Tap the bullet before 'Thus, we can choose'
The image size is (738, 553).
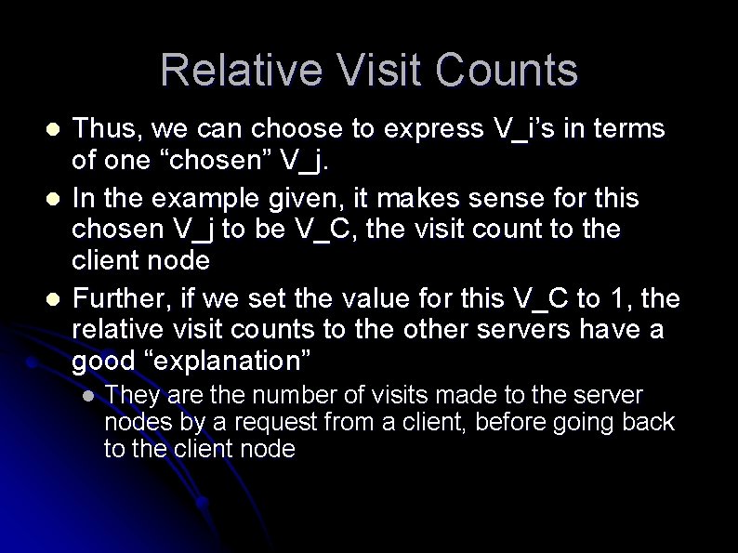point(54,128)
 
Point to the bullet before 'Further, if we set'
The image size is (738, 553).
point(54,299)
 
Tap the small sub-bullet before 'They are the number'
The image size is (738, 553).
point(87,396)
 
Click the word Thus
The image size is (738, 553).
point(102,128)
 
